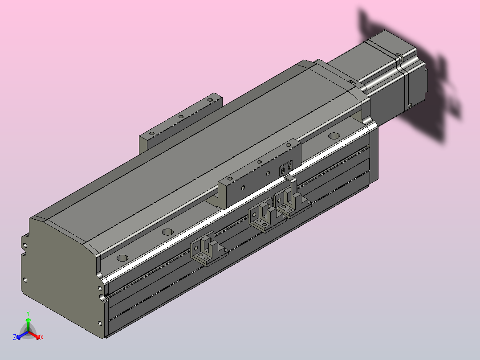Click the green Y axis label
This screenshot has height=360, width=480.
point(28,313)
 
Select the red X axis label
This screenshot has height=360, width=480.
point(41,338)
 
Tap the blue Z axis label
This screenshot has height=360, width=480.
point(15,338)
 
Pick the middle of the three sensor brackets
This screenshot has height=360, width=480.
point(264,216)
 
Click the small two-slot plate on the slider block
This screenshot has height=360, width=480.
point(285,169)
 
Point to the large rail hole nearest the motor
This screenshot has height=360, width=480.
point(334,135)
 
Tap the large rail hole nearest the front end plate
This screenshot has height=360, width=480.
point(122,258)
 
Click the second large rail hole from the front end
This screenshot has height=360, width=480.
point(168,232)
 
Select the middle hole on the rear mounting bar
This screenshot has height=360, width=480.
point(181,116)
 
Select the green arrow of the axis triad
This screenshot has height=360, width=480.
point(28,323)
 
